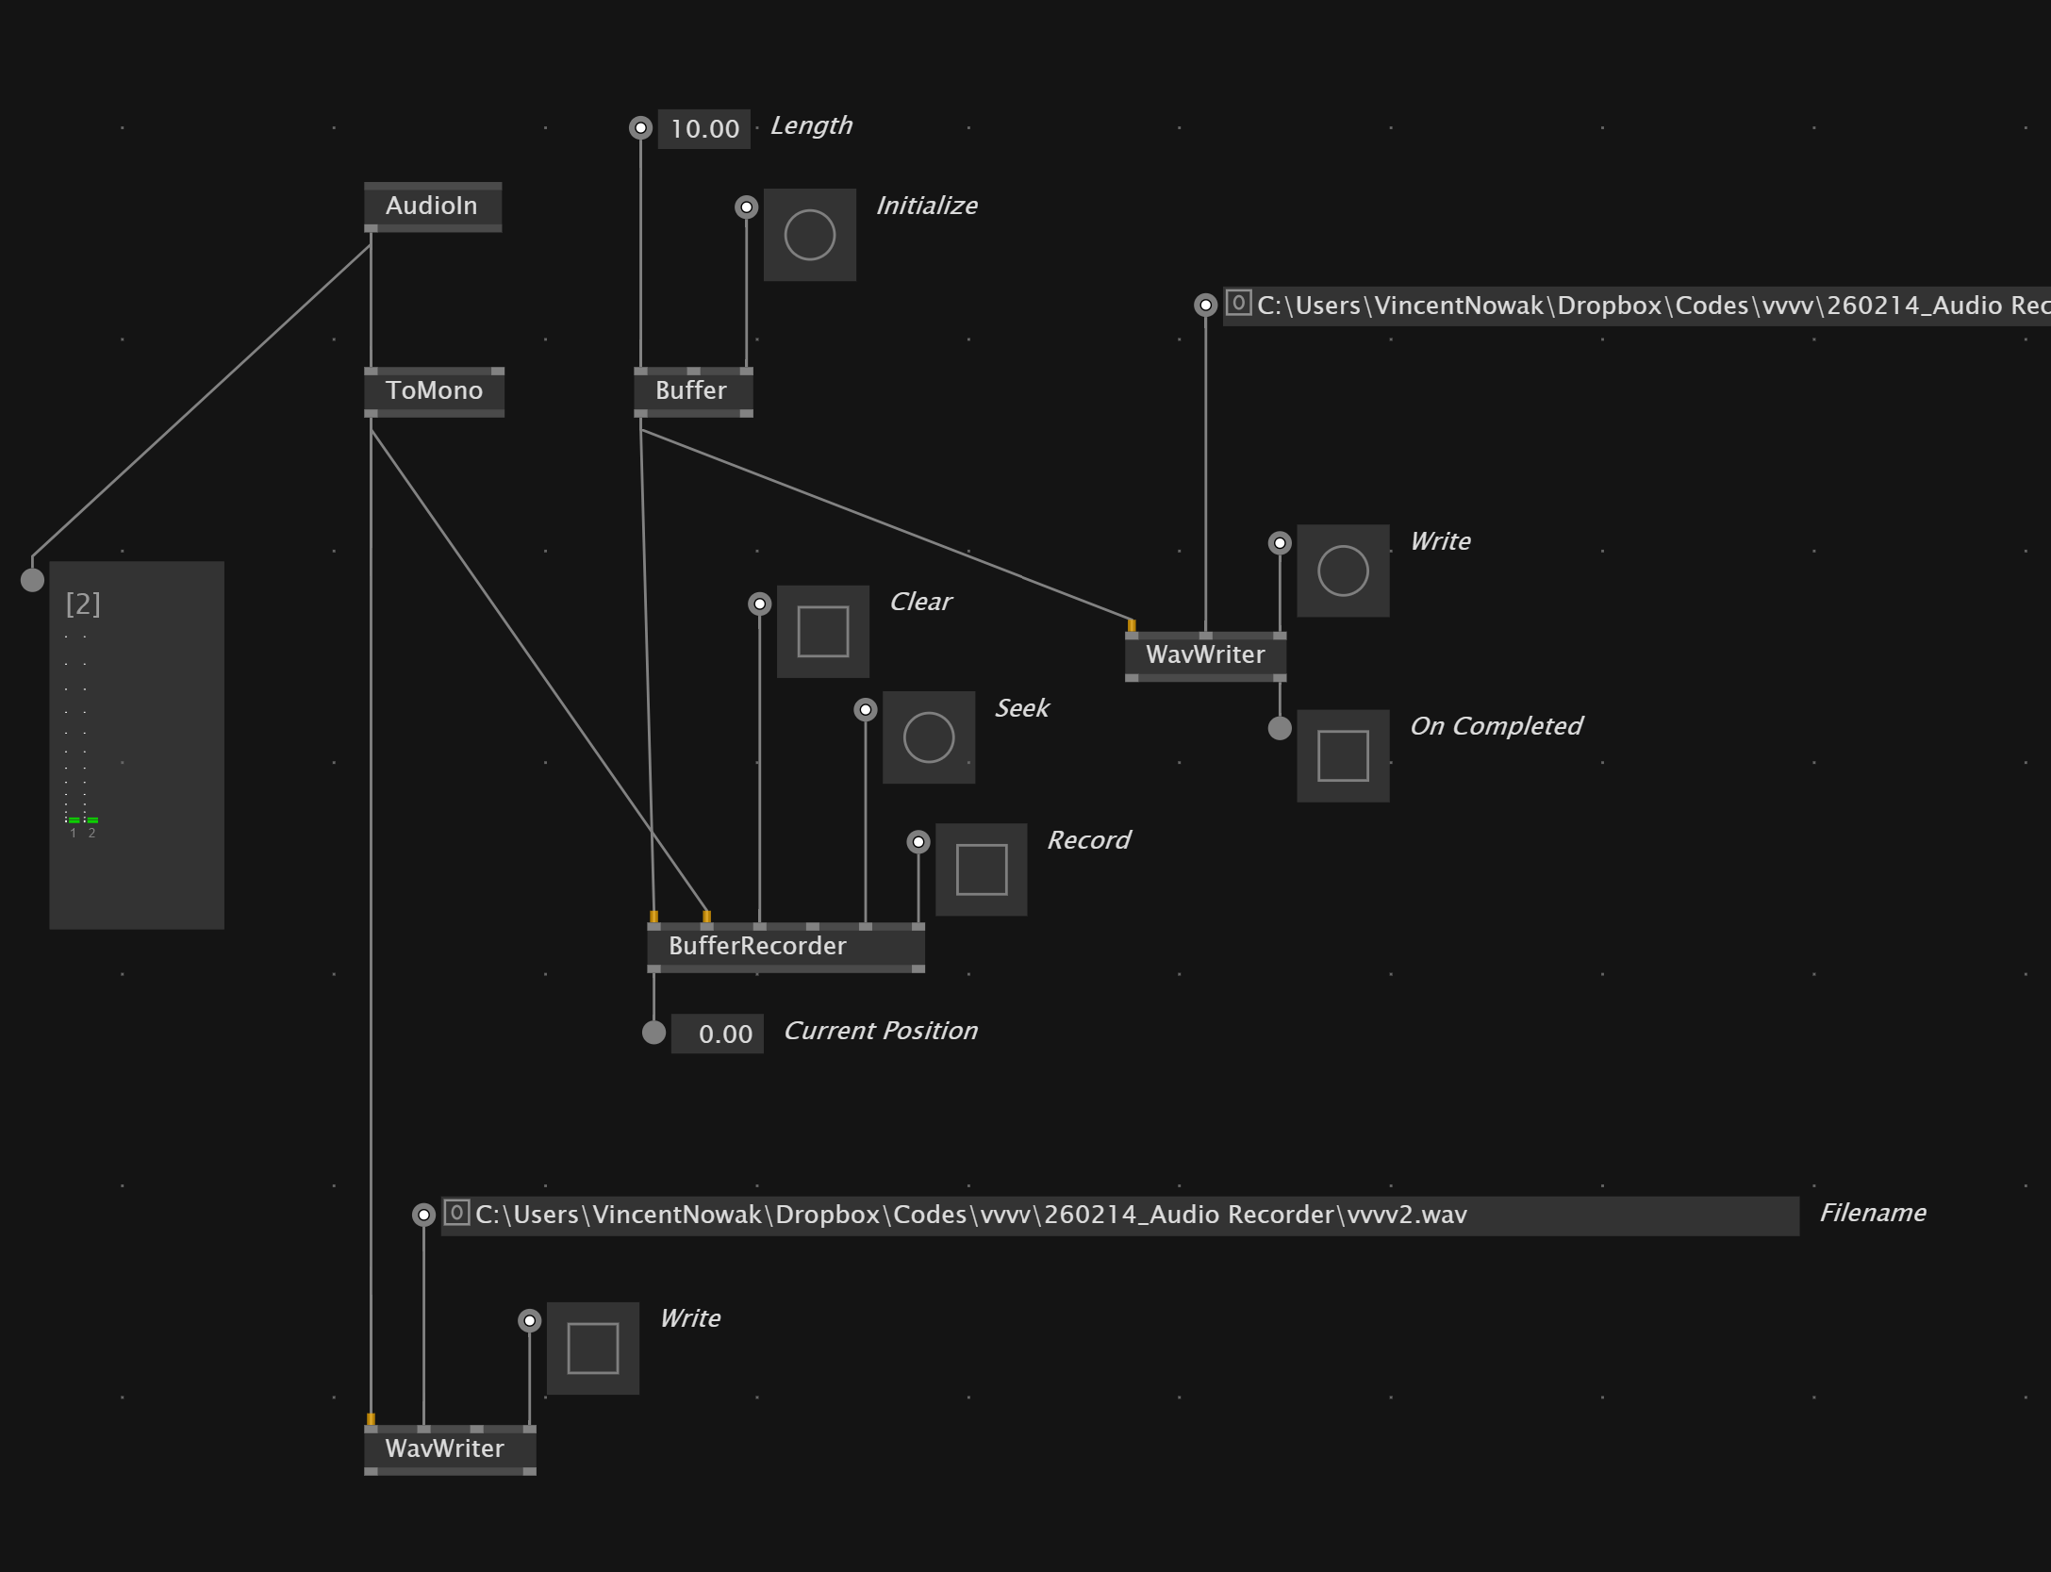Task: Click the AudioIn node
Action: click(x=432, y=206)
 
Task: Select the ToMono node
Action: click(x=434, y=390)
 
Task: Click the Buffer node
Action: click(x=692, y=390)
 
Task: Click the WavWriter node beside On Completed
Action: click(x=1204, y=654)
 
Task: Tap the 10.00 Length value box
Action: click(x=704, y=128)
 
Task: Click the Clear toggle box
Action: click(x=822, y=631)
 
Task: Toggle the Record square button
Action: click(x=981, y=869)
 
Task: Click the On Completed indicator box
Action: click(x=1342, y=755)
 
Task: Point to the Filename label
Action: click(x=1872, y=1213)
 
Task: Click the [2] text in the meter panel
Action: click(x=83, y=604)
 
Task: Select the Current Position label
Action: click(x=880, y=1031)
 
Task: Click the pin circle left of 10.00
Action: click(x=640, y=127)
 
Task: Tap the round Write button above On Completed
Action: click(x=1342, y=571)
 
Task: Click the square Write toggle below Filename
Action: click(x=592, y=1348)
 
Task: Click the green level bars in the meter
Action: click(x=82, y=820)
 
